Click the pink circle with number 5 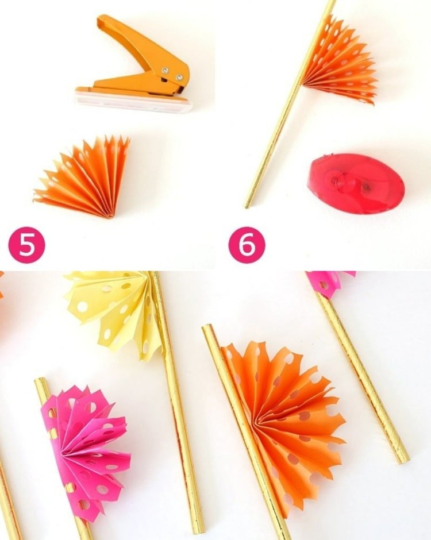click(x=26, y=245)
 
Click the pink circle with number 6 click(x=247, y=245)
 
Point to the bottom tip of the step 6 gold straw click(x=247, y=206)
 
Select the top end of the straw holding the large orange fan click(x=207, y=329)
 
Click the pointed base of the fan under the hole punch click(x=111, y=216)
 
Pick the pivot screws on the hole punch click(x=172, y=74)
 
